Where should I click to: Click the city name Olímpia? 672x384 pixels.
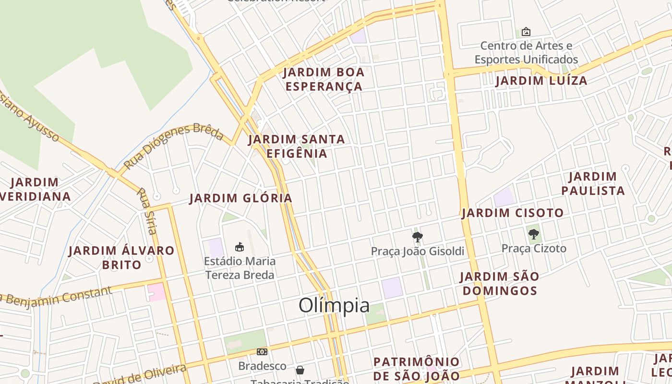334,305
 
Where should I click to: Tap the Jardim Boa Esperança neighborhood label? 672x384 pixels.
323,80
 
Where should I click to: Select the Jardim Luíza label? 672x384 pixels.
541,81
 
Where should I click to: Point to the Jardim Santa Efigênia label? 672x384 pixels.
297,146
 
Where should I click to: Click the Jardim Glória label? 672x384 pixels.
241,198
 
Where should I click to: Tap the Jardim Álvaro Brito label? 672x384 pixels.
121,257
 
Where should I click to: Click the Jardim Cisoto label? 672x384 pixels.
513,213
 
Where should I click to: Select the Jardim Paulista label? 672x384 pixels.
593,184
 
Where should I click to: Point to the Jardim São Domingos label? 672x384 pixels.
499,284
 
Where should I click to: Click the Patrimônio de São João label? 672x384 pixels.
417,369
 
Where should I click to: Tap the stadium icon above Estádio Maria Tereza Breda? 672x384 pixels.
239,247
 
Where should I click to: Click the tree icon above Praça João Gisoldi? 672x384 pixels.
417,236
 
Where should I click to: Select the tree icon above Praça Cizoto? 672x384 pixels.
533,234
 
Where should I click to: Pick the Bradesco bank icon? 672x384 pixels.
262,352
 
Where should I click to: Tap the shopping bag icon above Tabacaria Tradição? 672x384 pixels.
300,370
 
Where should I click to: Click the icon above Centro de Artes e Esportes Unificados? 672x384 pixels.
526,32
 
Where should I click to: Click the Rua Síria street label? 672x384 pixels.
147,211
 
